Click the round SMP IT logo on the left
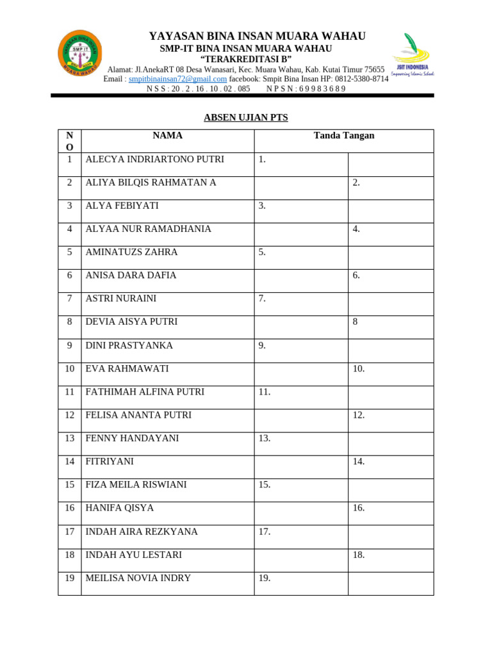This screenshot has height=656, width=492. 79,53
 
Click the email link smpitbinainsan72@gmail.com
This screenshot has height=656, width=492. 177,79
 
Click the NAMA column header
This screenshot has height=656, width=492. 167,136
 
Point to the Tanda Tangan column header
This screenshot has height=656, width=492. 343,136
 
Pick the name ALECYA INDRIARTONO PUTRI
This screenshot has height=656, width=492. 154,160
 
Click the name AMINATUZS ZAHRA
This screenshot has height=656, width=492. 131,252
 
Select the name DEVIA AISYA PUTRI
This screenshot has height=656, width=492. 131,322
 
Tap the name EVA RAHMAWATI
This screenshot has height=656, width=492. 127,368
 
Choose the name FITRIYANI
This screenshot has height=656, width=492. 110,461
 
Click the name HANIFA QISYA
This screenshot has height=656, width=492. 119,508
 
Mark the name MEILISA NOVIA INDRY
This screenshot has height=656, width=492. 138,578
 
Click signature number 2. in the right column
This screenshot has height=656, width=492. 356,183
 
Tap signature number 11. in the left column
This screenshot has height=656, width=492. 265,391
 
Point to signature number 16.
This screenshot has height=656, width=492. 358,508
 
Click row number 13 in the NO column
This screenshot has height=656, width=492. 69,438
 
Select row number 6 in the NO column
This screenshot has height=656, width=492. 69,275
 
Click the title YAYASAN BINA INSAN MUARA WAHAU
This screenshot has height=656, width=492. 257,36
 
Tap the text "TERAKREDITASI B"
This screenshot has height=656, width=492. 246,60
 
